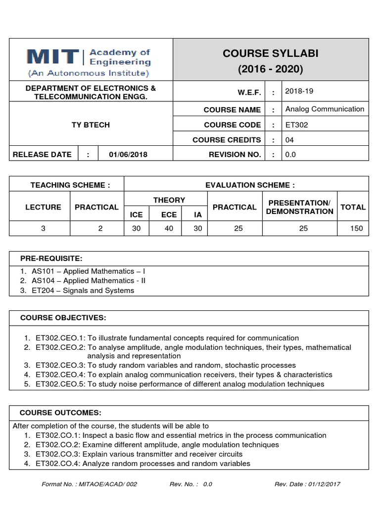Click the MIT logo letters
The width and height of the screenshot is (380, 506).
click(51, 57)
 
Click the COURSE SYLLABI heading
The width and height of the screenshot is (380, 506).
click(270, 53)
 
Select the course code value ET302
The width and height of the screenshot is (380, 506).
click(296, 125)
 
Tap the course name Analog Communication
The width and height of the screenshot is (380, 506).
click(325, 109)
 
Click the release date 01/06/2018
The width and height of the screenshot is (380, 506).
click(128, 155)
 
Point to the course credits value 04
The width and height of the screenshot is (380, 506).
click(289, 140)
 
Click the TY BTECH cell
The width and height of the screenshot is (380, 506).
click(91, 125)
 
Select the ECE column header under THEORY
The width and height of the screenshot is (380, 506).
click(169, 215)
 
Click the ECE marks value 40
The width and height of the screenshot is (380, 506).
click(169, 228)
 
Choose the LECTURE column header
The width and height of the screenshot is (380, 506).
click(44, 207)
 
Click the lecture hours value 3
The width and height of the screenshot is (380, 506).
click(44, 228)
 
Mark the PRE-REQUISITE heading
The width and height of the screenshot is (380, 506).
click(51, 259)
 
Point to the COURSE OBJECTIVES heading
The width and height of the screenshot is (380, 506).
click(63, 317)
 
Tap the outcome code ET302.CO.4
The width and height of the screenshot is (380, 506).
click(57, 464)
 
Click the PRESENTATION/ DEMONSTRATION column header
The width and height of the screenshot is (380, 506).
click(299, 207)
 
